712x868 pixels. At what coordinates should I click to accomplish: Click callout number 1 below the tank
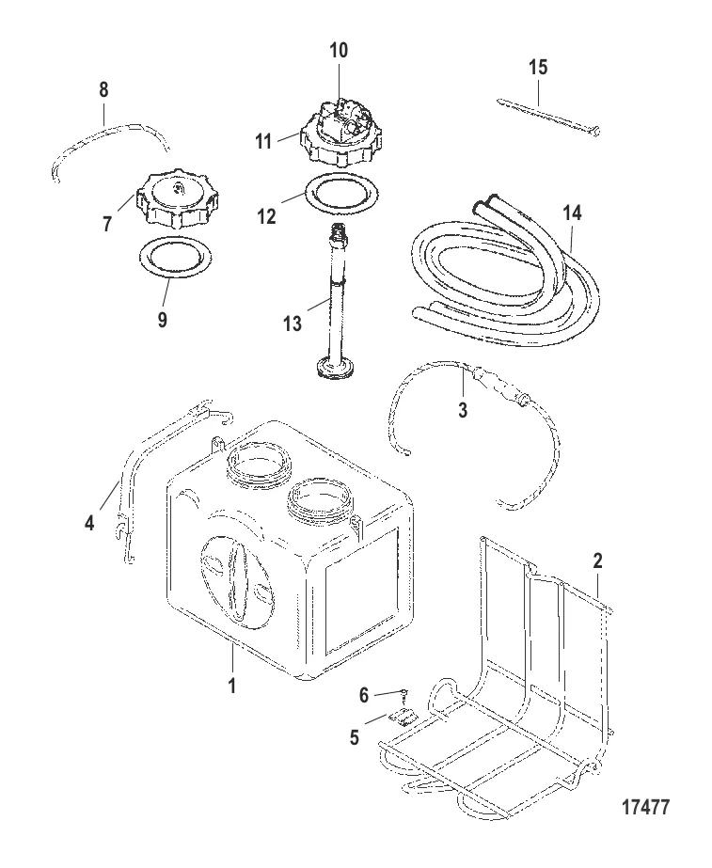[232, 686]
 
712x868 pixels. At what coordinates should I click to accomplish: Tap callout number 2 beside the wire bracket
[597, 560]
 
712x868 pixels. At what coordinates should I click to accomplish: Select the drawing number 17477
[645, 807]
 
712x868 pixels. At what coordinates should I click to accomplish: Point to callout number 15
[538, 67]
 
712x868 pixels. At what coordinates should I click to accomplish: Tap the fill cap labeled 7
[176, 198]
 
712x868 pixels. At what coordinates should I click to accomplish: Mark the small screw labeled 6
[404, 692]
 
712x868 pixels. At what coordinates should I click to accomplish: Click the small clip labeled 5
[403, 717]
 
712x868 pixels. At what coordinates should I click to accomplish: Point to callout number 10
[339, 51]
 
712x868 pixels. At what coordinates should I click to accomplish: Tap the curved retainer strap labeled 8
[110, 151]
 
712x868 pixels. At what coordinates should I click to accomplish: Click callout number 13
[293, 323]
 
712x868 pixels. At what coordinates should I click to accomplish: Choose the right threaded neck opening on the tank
[320, 500]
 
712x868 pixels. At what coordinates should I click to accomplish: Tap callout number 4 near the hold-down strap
[89, 522]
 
